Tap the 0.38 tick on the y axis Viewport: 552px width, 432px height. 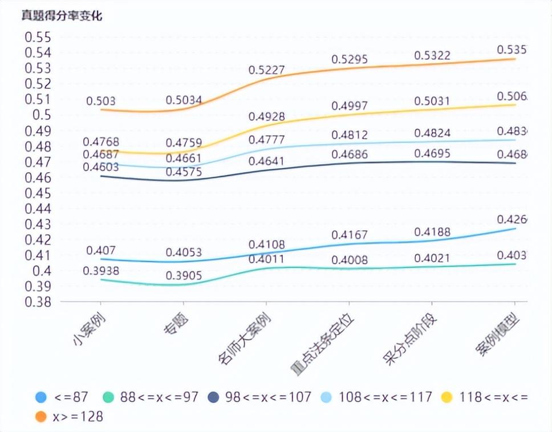pos(38,301)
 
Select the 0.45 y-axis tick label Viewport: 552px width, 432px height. pos(38,193)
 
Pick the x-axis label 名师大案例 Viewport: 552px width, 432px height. pos(244,340)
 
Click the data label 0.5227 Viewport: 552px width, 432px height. pos(266,70)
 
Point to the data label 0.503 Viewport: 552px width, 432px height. pos(101,101)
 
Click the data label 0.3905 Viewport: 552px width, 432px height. pos(184,275)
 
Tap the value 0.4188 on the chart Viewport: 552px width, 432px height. pos(432,232)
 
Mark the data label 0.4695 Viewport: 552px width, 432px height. pos(432,153)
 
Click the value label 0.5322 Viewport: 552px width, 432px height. pos(432,55)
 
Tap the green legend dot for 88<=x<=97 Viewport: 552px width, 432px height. pos(109,397)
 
